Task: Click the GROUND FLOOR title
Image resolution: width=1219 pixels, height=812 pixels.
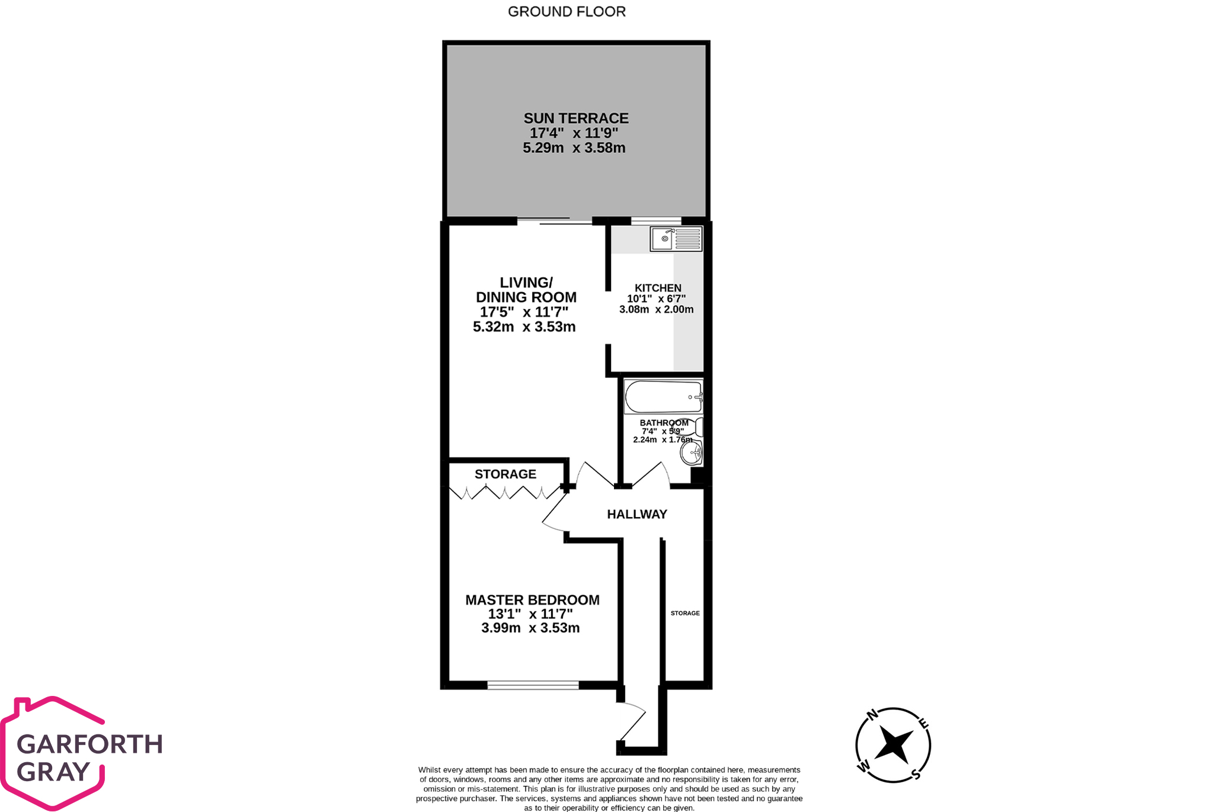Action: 567,12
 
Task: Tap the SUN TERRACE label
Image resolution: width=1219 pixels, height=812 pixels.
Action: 575,118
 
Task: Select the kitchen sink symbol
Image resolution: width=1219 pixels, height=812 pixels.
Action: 676,239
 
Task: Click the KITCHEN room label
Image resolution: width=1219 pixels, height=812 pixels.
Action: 658,288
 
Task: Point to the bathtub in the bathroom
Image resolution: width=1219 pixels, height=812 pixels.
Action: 663,397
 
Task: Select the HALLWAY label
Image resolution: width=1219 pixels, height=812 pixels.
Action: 636,514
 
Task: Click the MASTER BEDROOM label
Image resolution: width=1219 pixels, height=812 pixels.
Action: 532,600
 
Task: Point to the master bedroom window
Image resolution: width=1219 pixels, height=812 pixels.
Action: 533,685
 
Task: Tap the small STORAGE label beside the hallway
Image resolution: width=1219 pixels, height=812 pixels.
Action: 685,613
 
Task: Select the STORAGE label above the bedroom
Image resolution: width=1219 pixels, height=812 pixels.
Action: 505,474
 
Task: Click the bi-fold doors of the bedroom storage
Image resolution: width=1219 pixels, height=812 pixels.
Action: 505,492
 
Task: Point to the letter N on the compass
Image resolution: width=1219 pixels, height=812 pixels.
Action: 872,715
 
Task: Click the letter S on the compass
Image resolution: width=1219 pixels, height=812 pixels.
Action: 916,774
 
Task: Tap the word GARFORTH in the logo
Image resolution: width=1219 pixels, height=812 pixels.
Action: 89,744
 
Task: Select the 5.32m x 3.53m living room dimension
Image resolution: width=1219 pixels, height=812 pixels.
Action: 524,327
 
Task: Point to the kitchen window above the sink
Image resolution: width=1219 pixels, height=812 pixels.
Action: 656,222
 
